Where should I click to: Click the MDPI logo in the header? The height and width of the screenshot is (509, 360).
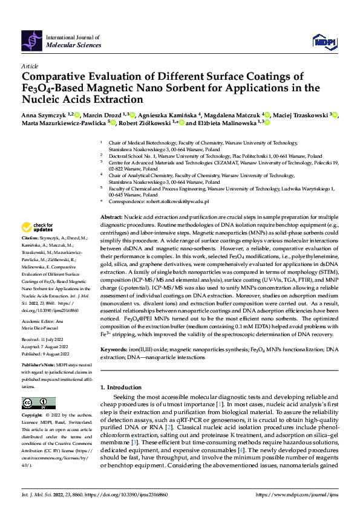click(324, 41)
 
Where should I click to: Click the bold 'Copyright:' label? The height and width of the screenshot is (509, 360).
click(33, 416)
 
